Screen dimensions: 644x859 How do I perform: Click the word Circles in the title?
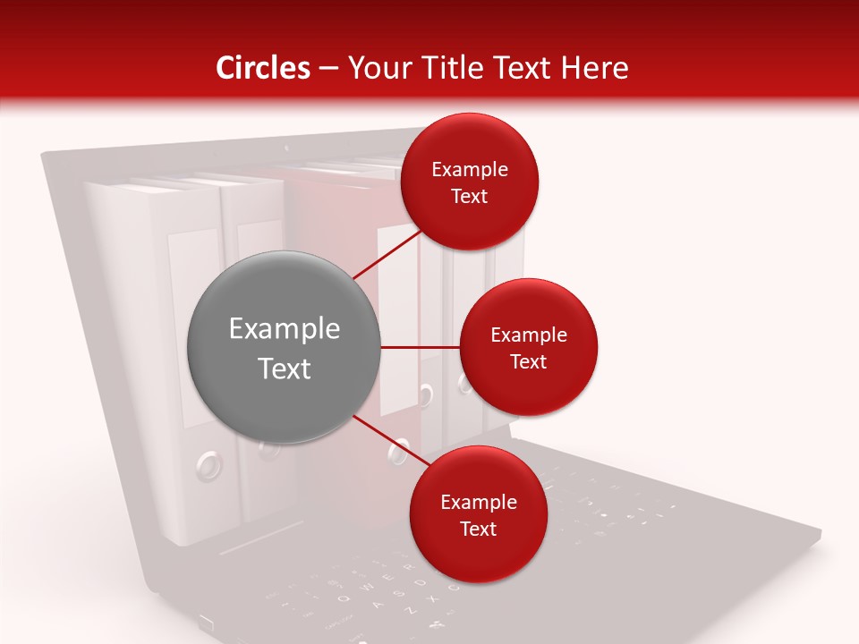coord(263,68)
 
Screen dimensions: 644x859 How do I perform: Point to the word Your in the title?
coord(378,68)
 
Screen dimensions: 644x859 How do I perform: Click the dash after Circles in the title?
coord(328,69)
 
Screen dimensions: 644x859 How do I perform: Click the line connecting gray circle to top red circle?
coord(387,254)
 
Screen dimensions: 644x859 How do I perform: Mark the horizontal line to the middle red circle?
coord(420,347)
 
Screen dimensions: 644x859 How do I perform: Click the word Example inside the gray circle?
coord(285,329)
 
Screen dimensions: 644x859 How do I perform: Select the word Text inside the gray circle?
coord(285,369)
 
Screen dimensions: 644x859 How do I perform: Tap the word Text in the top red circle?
coord(470,196)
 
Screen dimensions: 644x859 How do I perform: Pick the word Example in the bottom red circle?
coord(479,503)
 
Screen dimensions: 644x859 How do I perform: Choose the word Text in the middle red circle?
coord(528,361)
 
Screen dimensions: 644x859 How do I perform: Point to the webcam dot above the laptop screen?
coord(286,147)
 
